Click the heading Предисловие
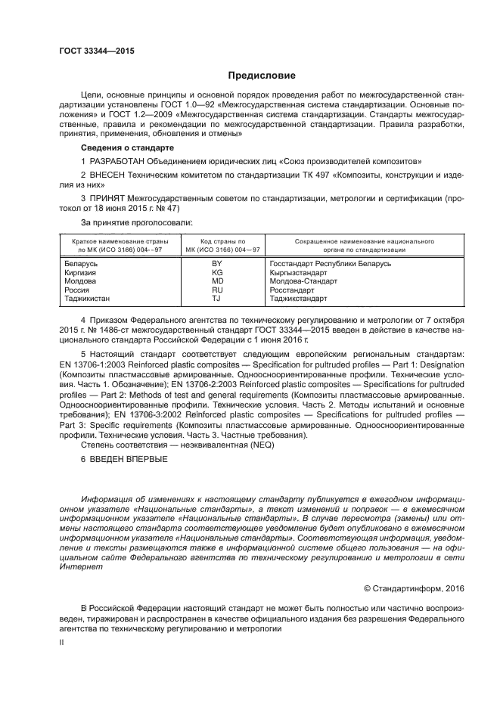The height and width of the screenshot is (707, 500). coord(262,76)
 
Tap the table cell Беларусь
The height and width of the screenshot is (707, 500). coord(78,263)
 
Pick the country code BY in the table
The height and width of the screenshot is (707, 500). coord(217,263)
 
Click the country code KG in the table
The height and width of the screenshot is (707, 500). coord(217,272)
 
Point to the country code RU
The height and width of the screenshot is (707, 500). coord(217,290)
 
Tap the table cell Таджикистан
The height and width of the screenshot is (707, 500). coord(85,299)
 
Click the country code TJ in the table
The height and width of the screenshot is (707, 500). coord(217,299)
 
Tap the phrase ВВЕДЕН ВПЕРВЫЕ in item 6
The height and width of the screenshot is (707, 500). coord(128,460)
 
